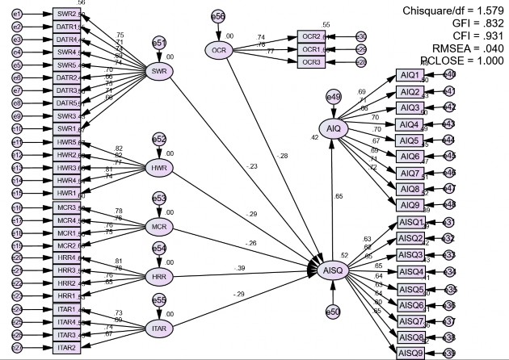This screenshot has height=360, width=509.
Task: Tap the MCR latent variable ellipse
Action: [160, 227]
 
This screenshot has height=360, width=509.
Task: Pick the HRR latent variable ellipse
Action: [160, 277]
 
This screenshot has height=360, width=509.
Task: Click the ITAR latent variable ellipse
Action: [160, 329]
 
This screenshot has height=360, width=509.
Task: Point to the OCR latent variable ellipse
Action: [219, 50]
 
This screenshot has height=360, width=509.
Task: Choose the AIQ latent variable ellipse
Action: [334, 128]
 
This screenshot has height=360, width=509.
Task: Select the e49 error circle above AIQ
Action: [334, 98]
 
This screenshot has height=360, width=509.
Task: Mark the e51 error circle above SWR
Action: [160, 44]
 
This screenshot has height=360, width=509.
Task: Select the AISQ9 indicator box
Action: [411, 353]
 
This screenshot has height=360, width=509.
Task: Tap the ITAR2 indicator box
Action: [66, 348]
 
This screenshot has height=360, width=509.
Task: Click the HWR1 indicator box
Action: [66, 193]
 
